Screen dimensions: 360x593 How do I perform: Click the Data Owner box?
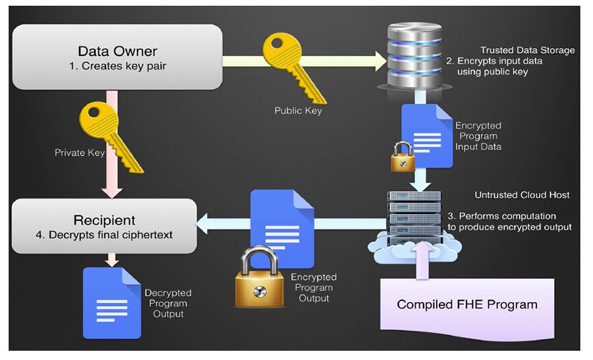(117, 57)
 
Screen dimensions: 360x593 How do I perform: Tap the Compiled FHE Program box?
(466, 304)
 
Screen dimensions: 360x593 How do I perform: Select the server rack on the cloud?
(414, 218)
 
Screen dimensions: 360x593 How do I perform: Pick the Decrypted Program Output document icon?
(113, 302)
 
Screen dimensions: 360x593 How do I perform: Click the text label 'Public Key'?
(298, 111)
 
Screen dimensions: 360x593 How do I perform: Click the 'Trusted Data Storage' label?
(527, 50)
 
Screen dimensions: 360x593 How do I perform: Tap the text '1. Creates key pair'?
(117, 67)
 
